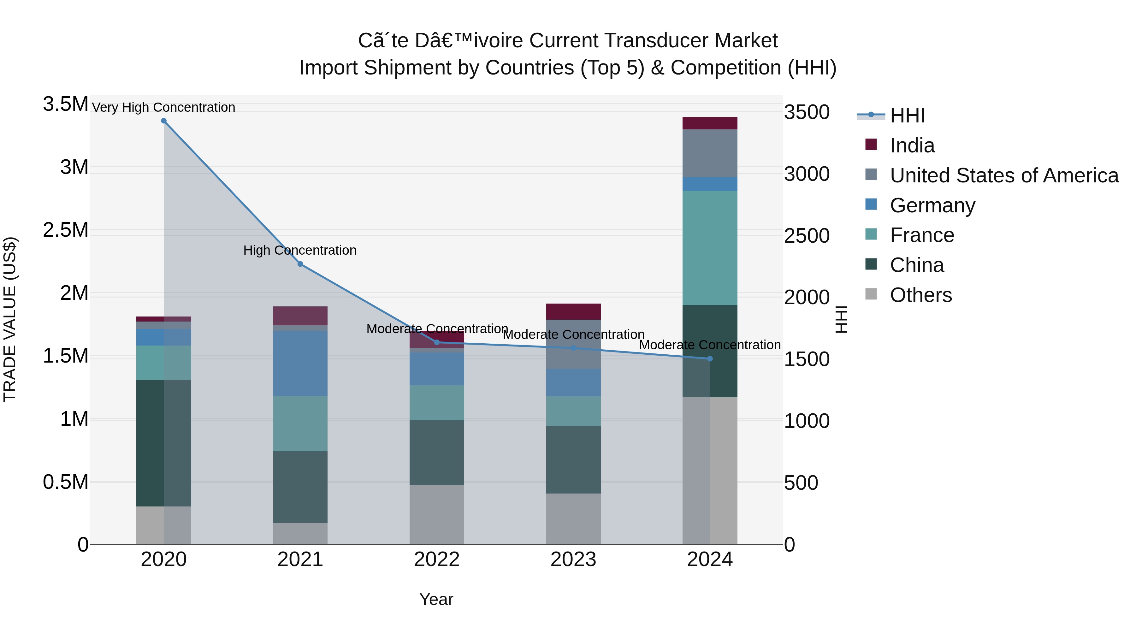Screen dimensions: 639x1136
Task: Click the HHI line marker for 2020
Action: coord(163,121)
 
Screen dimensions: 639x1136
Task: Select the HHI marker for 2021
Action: coord(300,264)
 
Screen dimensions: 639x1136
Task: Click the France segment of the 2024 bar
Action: coord(710,248)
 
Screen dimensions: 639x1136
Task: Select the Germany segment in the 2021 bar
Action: coord(300,364)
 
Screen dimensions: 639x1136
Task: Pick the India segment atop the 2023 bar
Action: coord(573,311)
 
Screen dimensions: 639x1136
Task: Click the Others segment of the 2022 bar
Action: coord(437,514)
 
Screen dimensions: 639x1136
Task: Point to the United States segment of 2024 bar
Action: coord(710,153)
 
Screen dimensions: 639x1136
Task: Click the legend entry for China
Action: coord(916,265)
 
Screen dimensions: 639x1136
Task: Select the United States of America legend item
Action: coord(1004,175)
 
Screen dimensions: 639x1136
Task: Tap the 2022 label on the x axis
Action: coord(437,559)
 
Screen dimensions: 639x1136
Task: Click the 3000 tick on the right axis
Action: coord(807,174)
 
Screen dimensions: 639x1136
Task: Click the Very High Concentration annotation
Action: coord(163,108)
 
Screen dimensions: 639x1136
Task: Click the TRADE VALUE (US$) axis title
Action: coord(10,319)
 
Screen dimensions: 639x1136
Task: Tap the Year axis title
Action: coord(436,599)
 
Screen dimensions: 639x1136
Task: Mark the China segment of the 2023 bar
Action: coord(573,459)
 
